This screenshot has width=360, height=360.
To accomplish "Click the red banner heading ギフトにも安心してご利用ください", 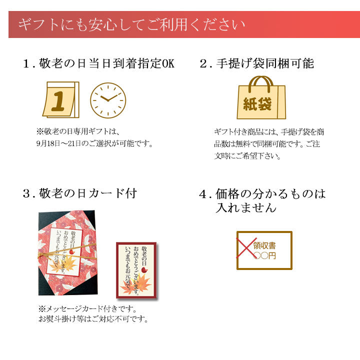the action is coord(131,25).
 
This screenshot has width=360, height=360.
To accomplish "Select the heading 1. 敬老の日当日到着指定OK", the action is coord(99,63).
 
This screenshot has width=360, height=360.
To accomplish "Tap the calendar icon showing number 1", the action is coord(61,99).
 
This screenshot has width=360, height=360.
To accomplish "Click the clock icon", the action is coord(108,100).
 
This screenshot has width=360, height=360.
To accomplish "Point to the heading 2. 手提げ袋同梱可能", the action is coord(256,63).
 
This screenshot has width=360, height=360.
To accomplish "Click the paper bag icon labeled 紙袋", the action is coord(261,97).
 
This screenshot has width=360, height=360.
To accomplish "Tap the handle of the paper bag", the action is coord(261,83).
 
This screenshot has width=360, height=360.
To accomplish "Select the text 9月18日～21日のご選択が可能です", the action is coord(94,143).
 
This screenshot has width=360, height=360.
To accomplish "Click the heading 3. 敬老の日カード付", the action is coord(80,193).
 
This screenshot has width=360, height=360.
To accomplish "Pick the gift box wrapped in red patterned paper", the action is coord(68,253).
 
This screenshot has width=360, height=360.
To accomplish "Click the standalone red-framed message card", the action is coord(136,270).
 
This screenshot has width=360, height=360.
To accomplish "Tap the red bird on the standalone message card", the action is coord(144,270).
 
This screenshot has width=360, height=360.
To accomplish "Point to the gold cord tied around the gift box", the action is coord(67,252).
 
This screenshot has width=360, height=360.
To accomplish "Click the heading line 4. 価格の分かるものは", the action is coord(262,193).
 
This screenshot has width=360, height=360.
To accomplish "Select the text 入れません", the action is coord(246,207).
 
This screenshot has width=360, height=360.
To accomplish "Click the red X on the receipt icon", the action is coord(246,247).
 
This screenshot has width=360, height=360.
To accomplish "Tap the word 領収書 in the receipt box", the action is coord(264,245).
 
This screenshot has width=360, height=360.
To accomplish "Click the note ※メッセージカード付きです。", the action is coord(87,308).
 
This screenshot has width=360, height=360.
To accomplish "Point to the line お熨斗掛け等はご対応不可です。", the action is coord(93,319).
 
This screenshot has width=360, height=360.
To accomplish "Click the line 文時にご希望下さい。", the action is coord(247,156).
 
